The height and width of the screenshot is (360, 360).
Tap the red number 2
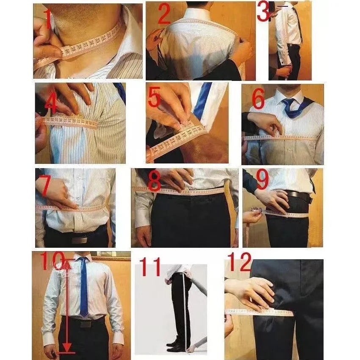click(164, 15)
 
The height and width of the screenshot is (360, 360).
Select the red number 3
click(263, 11)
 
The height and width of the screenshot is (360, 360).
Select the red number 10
click(53, 262)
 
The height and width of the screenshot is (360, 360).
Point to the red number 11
click(150, 268)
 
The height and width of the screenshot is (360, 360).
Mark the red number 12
click(240, 262)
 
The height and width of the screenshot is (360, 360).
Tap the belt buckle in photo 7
click(79, 240)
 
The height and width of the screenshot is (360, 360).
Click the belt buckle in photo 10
click(86, 324)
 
